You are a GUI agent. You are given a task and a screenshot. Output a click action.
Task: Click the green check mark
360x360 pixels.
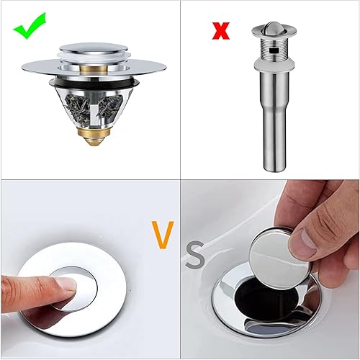click(30, 27)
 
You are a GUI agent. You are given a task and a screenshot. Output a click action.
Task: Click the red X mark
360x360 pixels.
click(221, 31)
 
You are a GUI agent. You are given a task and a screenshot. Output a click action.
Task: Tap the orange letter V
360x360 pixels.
click(163, 235)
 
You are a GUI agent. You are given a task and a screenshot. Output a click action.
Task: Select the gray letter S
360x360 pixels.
click(195, 254)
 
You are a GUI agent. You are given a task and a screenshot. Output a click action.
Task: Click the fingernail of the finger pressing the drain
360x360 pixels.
click(66, 284)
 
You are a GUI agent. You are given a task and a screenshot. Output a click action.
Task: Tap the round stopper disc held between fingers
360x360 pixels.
click(279, 258)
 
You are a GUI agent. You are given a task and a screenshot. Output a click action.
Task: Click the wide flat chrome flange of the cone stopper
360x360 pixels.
click(94, 66)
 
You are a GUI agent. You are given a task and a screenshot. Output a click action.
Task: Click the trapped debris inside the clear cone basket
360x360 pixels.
click(94, 108)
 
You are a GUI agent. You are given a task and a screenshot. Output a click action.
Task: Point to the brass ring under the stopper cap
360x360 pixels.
click(94, 69)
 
